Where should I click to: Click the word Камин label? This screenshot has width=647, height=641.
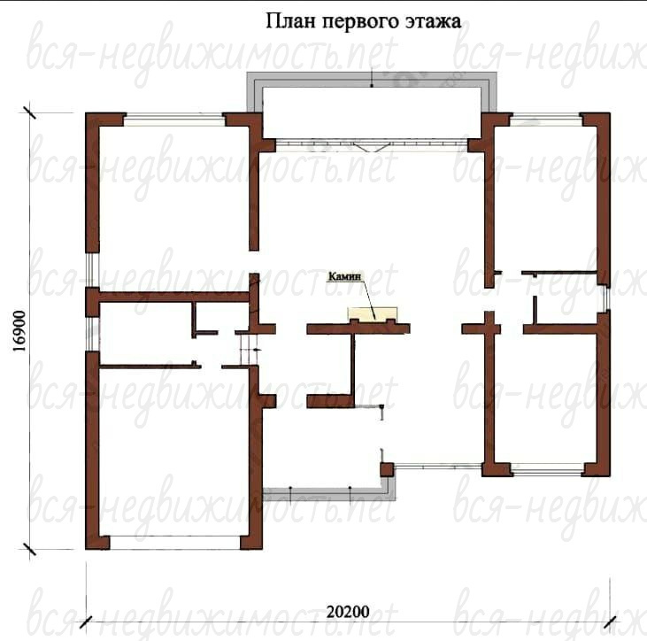coord(344,276)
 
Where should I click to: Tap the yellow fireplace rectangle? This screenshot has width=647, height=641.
coord(373,314)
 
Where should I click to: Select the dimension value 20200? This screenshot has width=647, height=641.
coord(348,612)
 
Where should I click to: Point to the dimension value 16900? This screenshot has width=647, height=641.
coord(19,331)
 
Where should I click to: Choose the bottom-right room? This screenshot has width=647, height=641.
coord(545,398)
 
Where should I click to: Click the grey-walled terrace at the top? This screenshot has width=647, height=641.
coord(372,105)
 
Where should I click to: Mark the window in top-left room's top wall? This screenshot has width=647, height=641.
coord(174,120)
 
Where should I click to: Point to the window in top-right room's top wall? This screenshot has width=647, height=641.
coord(546,120)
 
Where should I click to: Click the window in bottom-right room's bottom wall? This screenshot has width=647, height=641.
coord(548,469)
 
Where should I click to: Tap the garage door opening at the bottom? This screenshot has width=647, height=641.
coord(175,543)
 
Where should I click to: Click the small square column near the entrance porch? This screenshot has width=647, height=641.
coord(387,469)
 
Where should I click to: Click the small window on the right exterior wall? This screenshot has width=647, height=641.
coord(605,299)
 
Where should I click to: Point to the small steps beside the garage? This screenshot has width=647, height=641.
coord(249,350)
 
